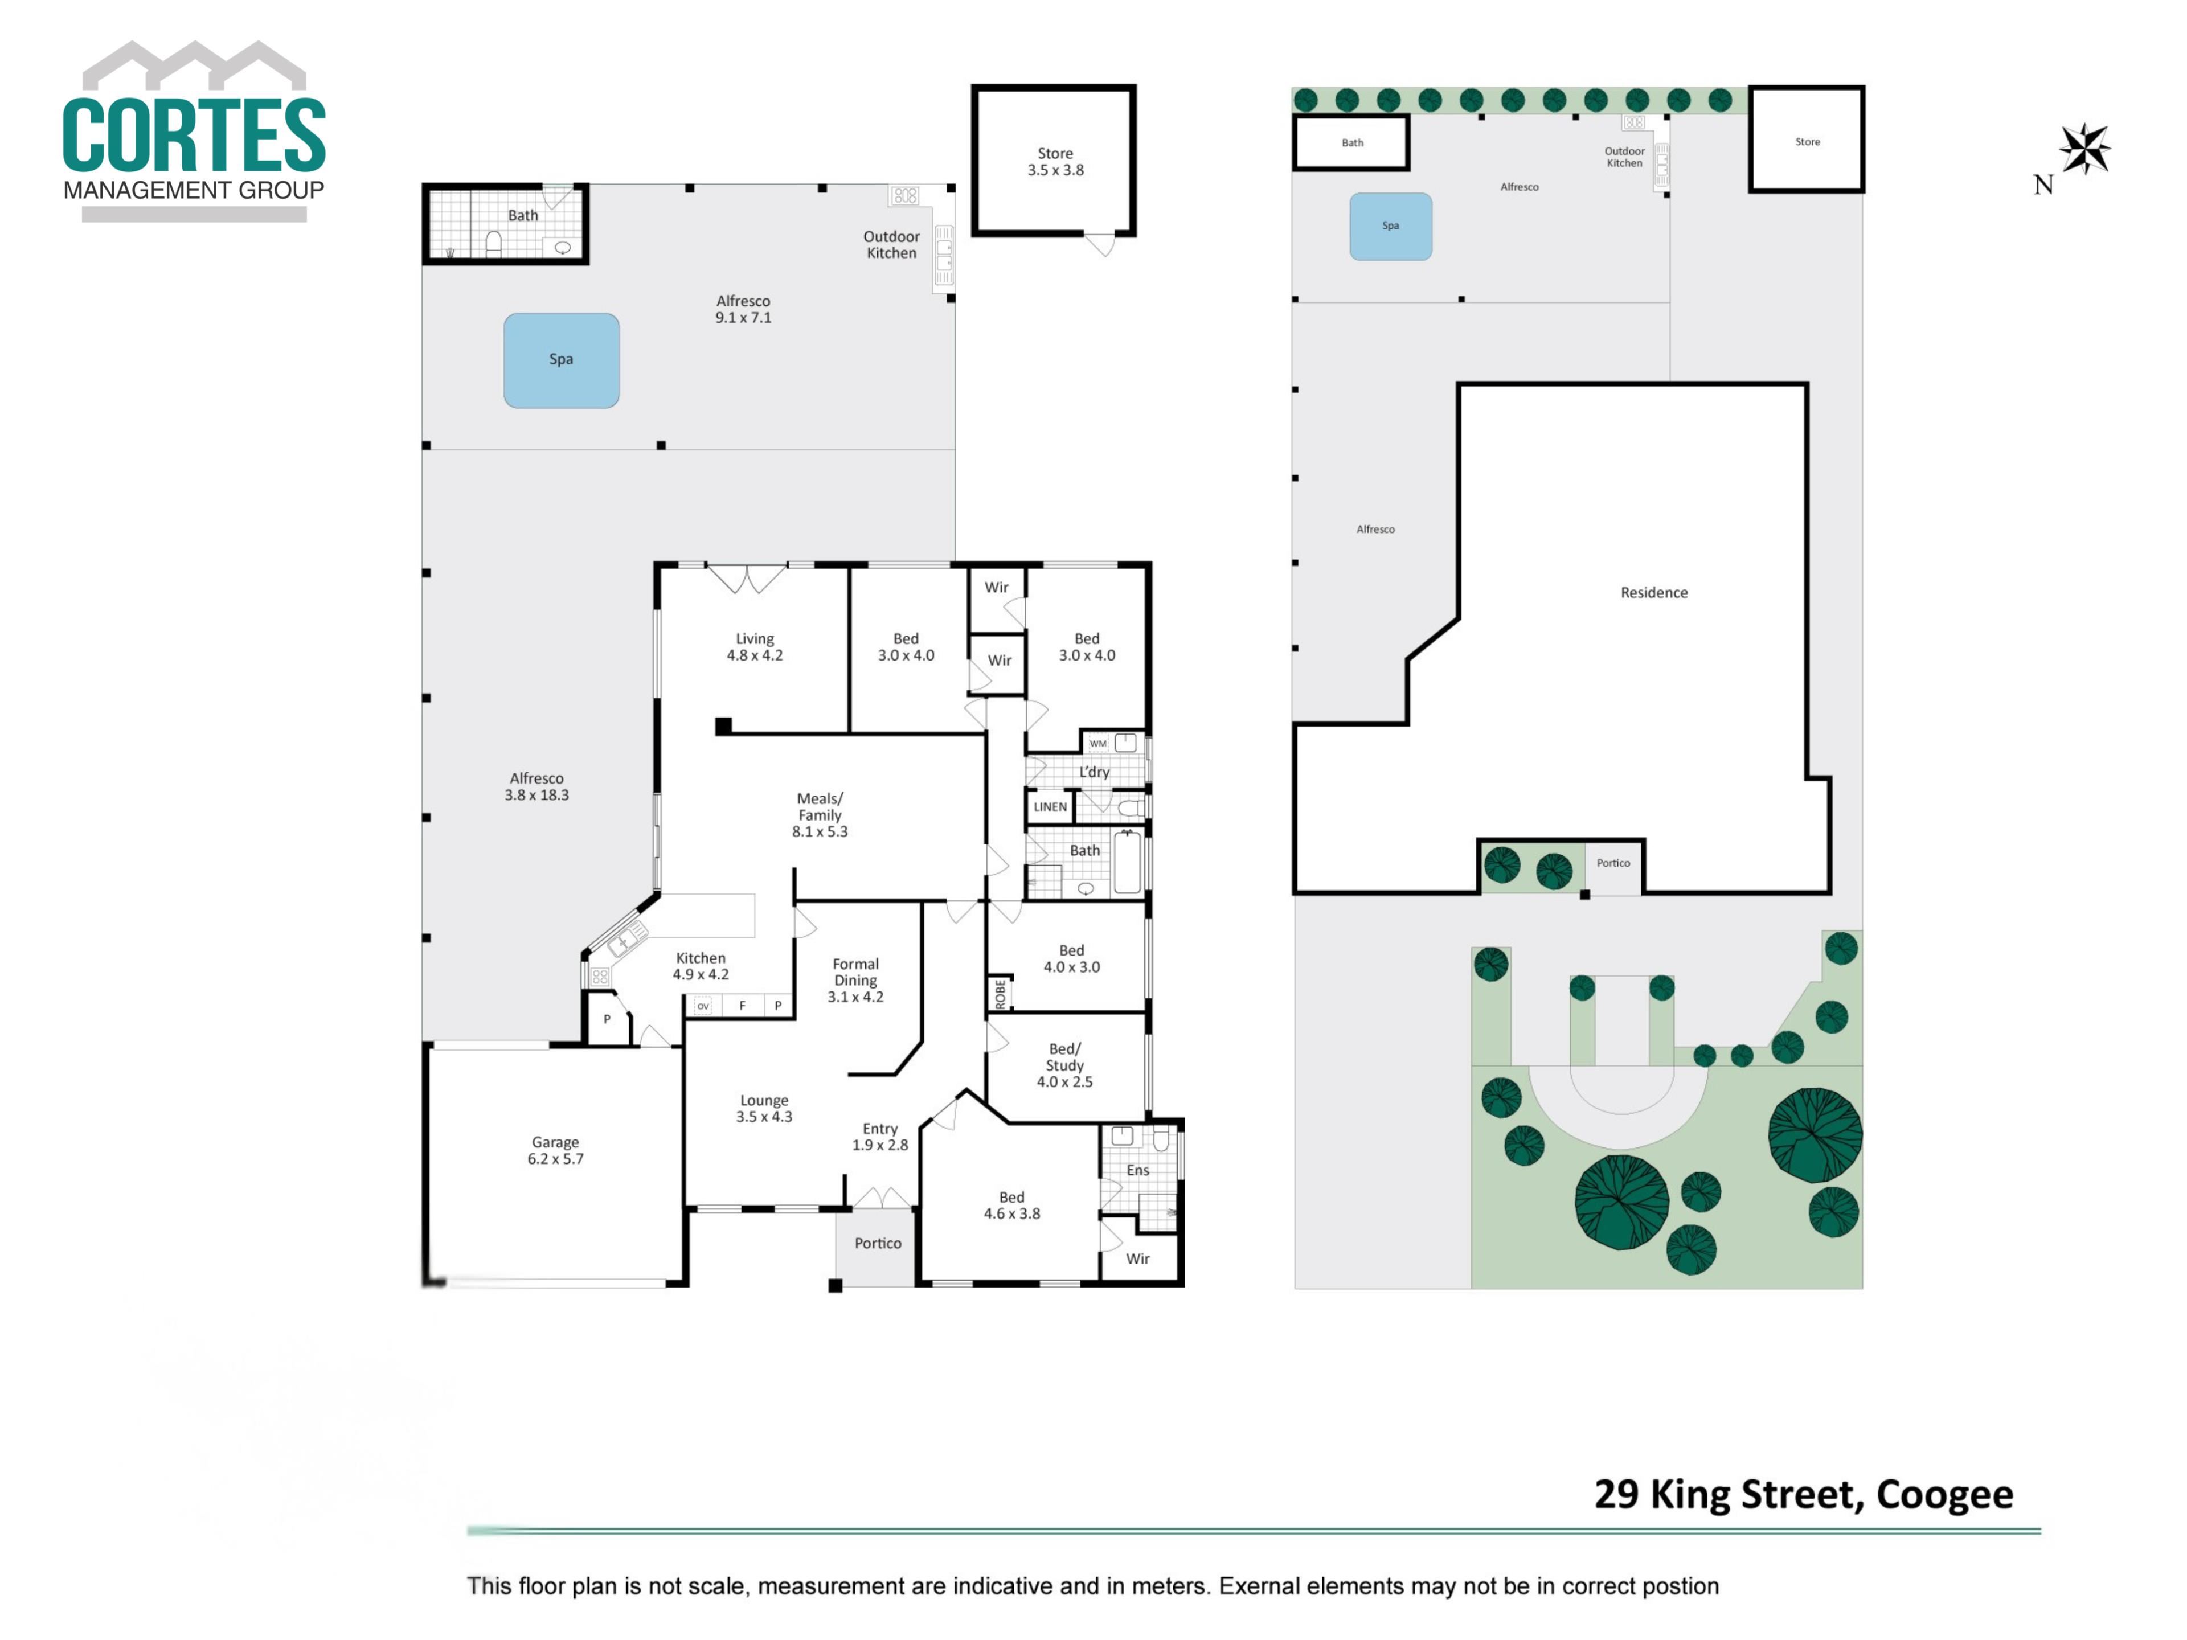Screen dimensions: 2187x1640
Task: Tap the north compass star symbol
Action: pos(2084,149)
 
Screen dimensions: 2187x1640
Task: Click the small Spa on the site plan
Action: pos(1390,227)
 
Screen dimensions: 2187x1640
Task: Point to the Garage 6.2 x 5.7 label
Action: pos(556,1150)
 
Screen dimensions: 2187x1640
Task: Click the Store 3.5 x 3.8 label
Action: pos(1055,161)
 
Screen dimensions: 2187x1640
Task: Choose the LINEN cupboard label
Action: pos(1050,807)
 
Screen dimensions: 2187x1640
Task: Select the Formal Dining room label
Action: pos(855,979)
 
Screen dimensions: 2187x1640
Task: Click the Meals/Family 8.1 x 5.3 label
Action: pos(820,814)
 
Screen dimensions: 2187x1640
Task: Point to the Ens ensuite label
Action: pos(1138,1170)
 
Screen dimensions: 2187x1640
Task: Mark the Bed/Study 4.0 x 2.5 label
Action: pos(1065,1065)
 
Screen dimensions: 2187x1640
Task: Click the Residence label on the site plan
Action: pos(1654,592)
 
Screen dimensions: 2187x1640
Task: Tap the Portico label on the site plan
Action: pos(1612,863)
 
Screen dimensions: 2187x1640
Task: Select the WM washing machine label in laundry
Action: pos(1097,743)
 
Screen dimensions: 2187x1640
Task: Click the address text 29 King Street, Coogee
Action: pos(1803,1494)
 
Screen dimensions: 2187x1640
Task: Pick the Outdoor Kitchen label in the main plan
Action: pos(892,244)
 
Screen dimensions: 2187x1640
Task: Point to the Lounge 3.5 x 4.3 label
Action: pos(764,1108)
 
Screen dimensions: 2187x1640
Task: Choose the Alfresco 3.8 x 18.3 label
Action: pos(537,786)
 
